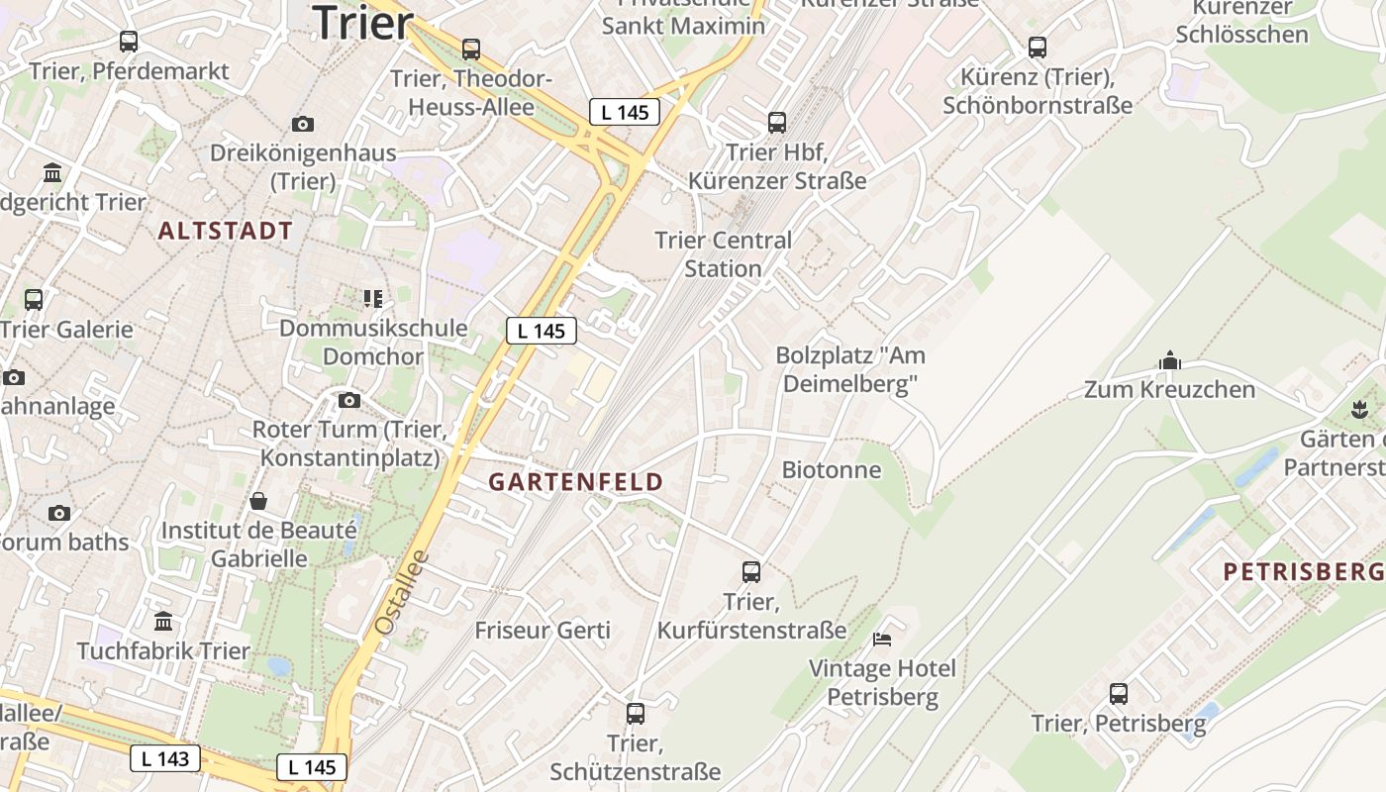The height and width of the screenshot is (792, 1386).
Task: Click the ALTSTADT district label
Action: coord(226,231)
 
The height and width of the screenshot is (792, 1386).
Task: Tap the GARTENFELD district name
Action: coord(576,482)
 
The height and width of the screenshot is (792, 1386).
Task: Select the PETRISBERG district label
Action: coord(1303,571)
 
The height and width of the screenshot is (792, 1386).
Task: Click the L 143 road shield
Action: coord(165,759)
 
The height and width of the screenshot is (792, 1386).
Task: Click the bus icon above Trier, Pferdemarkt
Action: coord(129,42)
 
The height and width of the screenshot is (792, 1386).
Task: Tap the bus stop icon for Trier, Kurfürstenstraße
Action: coord(751,571)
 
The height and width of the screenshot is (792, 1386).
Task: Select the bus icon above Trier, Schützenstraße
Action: coord(636,713)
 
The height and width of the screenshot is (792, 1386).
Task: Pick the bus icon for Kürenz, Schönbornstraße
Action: coord(1038,47)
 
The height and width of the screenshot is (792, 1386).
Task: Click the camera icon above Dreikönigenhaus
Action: coord(303,124)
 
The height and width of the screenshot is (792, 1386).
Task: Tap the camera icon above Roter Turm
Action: coord(349,400)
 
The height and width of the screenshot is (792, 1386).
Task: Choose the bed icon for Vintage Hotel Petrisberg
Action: coord(882,639)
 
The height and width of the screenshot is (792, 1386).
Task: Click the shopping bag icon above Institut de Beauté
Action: coord(258,500)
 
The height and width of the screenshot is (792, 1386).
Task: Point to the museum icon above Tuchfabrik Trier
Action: coord(164,621)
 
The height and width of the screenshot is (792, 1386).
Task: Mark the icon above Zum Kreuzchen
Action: coord(1170,360)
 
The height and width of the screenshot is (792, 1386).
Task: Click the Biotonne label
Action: coord(832,469)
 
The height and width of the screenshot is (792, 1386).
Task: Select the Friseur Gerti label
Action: coord(543,630)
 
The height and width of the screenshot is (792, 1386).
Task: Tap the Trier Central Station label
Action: coord(724,254)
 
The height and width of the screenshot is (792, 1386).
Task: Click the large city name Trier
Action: coord(362,23)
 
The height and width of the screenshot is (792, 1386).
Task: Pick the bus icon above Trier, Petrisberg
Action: coord(1119,693)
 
